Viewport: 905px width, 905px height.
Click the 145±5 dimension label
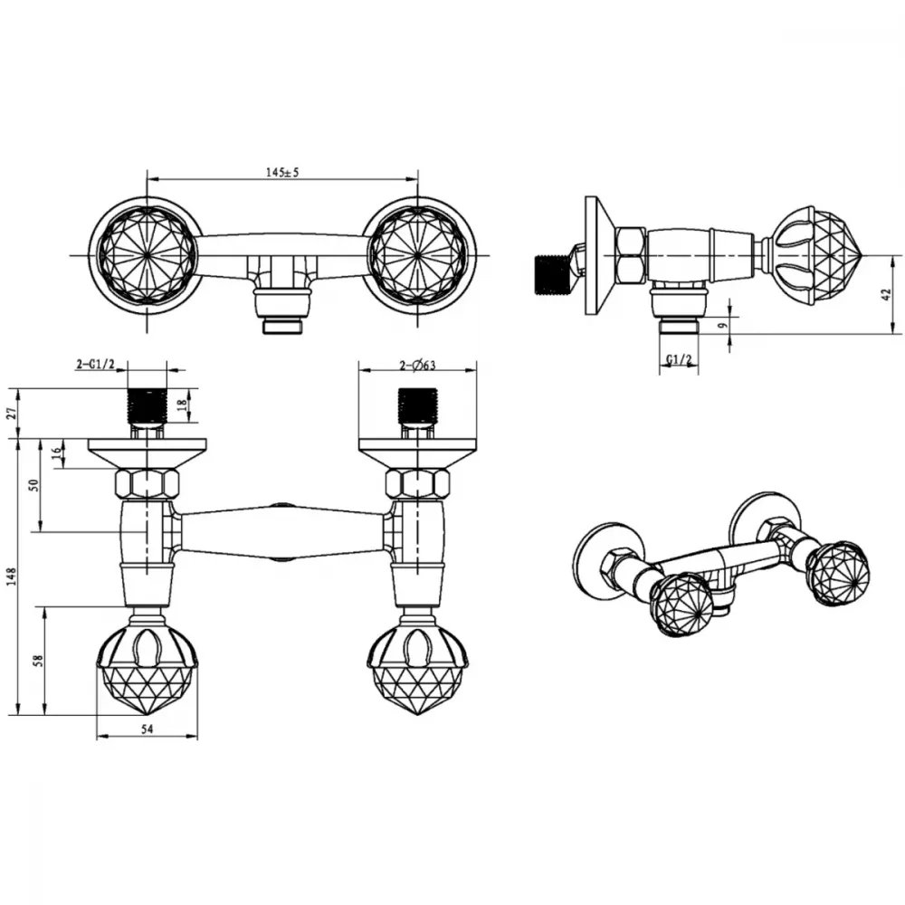click(x=282, y=172)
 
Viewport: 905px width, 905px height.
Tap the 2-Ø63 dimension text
click(x=417, y=365)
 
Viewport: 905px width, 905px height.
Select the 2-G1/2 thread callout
click(x=96, y=364)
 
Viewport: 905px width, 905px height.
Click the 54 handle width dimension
click(x=148, y=729)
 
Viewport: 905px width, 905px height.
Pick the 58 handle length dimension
click(x=38, y=661)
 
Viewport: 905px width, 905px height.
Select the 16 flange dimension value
click(x=56, y=453)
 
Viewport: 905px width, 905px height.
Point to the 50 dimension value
click(x=34, y=485)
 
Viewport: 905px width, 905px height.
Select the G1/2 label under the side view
click(x=679, y=359)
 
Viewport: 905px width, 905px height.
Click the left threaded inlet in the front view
click(x=147, y=406)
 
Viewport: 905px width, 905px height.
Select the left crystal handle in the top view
click(x=147, y=254)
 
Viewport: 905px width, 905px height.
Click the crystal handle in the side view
click(x=816, y=255)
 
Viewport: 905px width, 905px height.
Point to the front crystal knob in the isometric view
click(x=681, y=605)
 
